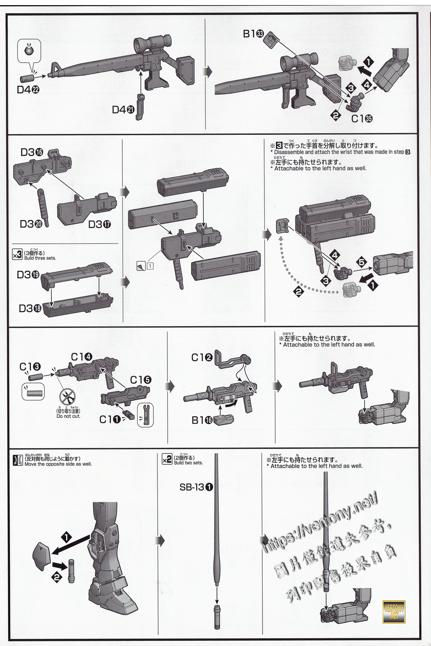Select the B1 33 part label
click(x=253, y=34)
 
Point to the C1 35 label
click(x=362, y=119)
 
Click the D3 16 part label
click(x=32, y=153)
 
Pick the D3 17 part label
click(x=99, y=224)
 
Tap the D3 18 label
click(x=30, y=309)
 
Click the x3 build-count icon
click(x=17, y=255)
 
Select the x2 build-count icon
click(x=167, y=460)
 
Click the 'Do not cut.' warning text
click(x=68, y=416)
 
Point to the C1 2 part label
click(x=202, y=358)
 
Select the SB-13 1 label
click(x=196, y=487)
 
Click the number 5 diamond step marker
click(x=362, y=262)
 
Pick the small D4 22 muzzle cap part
click(x=27, y=78)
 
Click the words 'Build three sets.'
click(x=40, y=258)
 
